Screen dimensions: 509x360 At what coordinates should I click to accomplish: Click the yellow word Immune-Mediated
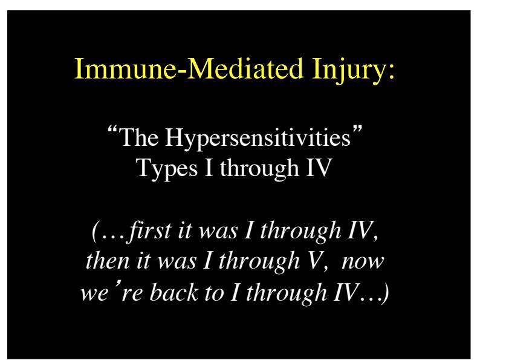(x=189, y=68)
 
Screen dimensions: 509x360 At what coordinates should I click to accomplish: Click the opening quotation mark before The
(x=112, y=131)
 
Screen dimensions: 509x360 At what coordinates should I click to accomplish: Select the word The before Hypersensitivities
(x=139, y=137)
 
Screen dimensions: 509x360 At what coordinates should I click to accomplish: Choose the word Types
(x=166, y=169)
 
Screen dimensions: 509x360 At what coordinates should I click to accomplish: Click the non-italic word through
(x=259, y=169)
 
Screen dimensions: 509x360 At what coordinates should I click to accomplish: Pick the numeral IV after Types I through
(x=319, y=168)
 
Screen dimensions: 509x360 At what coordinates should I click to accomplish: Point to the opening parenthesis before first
(x=94, y=231)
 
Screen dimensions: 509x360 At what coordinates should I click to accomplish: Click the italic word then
(x=108, y=261)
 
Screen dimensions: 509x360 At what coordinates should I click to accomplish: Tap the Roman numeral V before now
(x=314, y=261)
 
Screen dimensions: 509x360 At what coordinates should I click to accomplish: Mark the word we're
(x=111, y=291)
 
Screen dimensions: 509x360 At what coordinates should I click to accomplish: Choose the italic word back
(x=174, y=292)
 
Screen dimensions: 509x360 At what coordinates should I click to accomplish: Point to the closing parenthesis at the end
(x=385, y=293)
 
